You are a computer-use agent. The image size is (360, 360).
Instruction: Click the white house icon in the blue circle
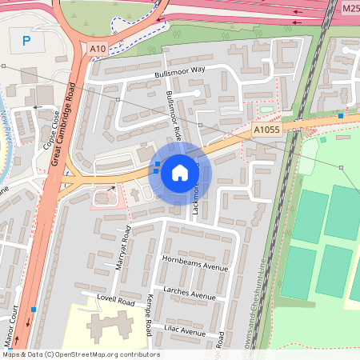[x=180, y=172]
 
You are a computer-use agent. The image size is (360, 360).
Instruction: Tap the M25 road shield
[x=350, y=8]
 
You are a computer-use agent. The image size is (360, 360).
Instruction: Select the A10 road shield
[x=98, y=50]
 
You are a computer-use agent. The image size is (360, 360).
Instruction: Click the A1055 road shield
[x=266, y=130]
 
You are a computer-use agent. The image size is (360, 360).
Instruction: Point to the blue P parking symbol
[x=28, y=41]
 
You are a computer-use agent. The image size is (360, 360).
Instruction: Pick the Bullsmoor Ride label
[x=174, y=117]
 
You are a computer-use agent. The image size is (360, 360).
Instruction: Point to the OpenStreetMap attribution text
[x=80, y=354]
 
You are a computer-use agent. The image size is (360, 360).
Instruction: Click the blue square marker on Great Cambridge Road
[x=33, y=309]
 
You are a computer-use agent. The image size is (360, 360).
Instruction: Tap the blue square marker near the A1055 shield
[x=341, y=116]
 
